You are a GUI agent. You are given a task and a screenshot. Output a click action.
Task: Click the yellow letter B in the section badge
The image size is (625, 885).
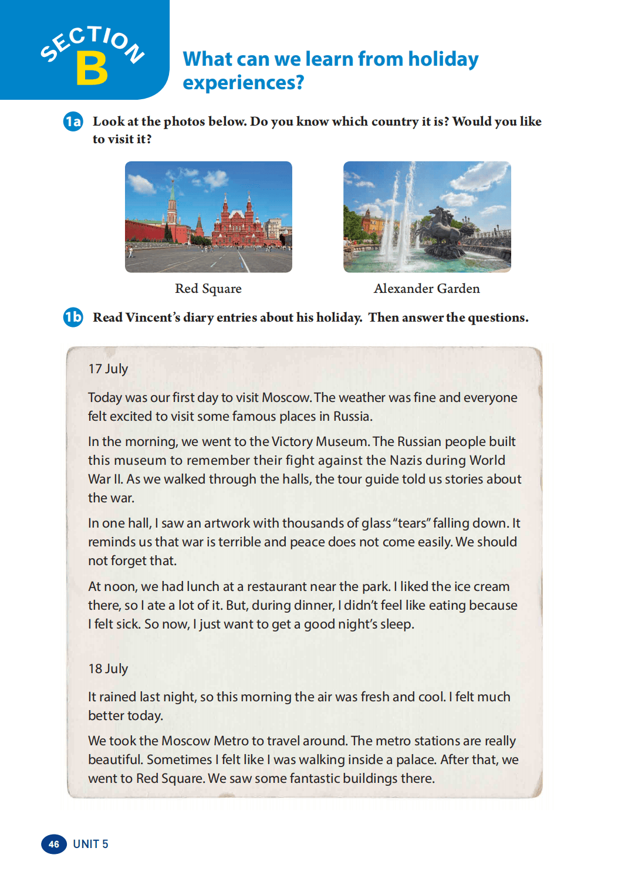[x=92, y=68]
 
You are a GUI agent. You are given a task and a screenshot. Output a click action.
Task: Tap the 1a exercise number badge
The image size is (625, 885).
[x=73, y=121]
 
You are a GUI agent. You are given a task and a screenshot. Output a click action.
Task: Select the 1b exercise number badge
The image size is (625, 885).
[x=73, y=317]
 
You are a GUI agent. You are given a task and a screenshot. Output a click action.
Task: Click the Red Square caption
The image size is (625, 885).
[x=208, y=289]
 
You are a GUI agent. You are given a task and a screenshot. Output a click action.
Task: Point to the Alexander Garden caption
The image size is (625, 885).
[x=427, y=289]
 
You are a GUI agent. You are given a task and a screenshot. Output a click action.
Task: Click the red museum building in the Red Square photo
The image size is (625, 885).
[x=238, y=226]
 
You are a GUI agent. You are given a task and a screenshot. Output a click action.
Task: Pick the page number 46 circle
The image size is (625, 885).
[x=54, y=844]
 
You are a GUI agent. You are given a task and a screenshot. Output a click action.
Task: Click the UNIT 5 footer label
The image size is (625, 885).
[x=90, y=844]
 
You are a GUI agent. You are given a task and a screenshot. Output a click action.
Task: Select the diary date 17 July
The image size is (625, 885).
[x=108, y=369]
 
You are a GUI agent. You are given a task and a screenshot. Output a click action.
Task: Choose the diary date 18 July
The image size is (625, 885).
[x=108, y=669]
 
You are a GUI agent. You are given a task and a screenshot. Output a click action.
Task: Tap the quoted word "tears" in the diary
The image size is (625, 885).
[x=411, y=523]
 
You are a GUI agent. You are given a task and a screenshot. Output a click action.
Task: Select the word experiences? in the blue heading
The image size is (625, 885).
[x=244, y=83]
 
